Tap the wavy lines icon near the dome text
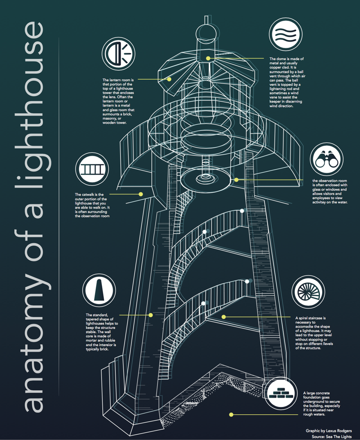[x=285, y=35]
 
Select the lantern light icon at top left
[x=119, y=53]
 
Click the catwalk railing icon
[x=92, y=169]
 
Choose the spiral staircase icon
[x=308, y=292]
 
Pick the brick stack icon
[x=280, y=392]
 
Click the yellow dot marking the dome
[x=208, y=58]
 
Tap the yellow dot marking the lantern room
[x=170, y=79]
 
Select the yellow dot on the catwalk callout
[x=140, y=194]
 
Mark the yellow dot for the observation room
[x=236, y=179]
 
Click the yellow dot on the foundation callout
[x=231, y=415]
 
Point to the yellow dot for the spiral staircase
[x=223, y=317]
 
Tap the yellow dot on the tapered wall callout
[x=151, y=315]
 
